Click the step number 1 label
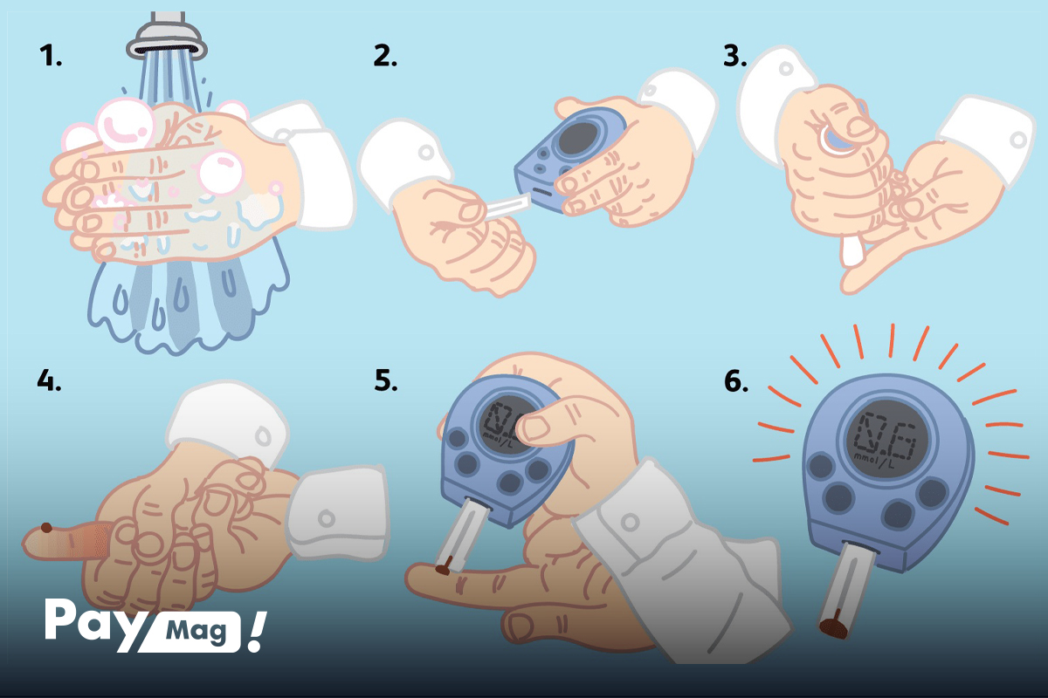51,56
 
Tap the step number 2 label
385,56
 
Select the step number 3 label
735,56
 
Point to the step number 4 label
49,380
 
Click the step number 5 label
386,380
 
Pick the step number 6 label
736,380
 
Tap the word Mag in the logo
196,632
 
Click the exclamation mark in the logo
257,632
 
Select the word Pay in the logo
91,623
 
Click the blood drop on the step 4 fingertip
46,528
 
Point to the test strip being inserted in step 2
507,208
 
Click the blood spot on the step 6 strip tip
833,628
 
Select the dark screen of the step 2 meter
578,139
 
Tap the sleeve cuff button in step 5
631,522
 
